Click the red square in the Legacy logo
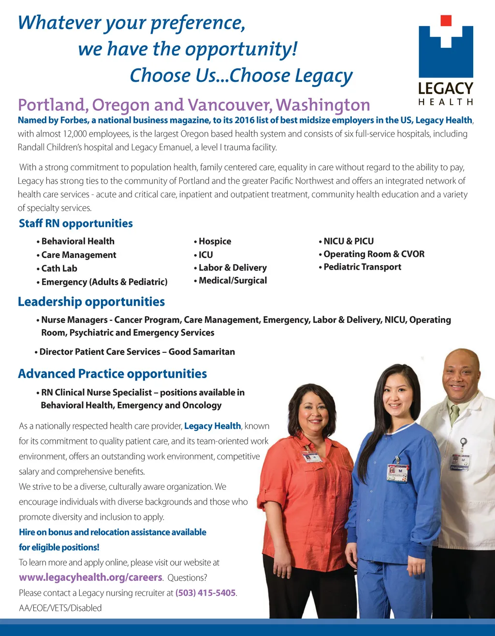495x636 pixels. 446,20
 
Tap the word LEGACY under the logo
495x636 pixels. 445,89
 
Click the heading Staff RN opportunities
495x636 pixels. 75,224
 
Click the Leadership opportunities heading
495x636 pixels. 91,302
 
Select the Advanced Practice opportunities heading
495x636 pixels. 112,374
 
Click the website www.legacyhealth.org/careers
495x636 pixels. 90,577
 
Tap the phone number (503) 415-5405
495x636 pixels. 205,593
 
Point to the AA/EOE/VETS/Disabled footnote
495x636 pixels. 60,608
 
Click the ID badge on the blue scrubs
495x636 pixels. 397,473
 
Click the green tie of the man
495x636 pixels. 454,415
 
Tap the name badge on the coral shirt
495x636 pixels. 311,457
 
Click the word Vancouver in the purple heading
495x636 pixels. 230,105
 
